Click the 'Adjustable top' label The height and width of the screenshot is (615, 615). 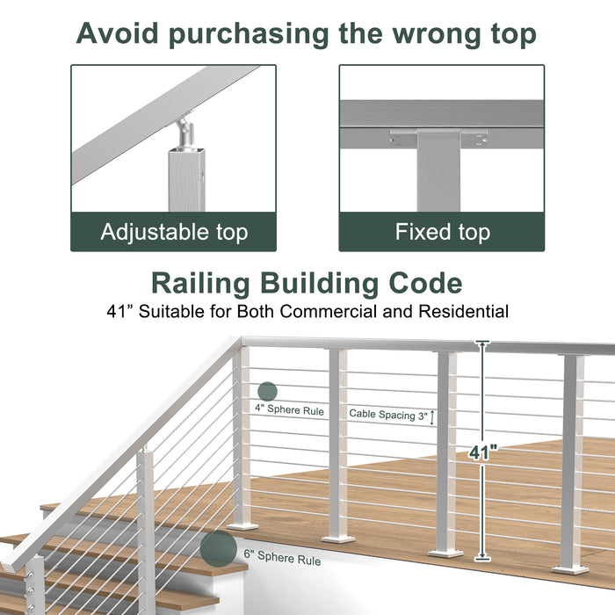(174, 232)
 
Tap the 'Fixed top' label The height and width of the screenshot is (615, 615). (442, 232)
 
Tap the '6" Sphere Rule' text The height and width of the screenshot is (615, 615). (283, 560)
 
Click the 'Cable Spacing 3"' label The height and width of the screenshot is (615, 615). (388, 413)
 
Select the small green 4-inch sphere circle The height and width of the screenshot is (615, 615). (267, 392)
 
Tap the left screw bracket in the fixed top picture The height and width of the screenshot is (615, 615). (402, 138)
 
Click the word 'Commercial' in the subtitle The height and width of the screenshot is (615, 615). (327, 310)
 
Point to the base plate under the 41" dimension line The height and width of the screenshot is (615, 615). (445, 553)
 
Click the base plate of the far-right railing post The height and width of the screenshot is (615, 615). (571, 568)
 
